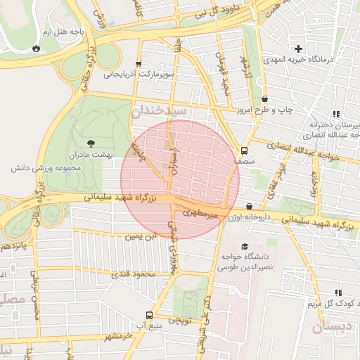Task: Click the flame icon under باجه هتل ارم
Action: pos(35,49)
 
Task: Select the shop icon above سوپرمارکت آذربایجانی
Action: pos(139,63)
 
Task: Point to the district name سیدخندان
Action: pos(160,110)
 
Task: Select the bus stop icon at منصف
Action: pos(244,150)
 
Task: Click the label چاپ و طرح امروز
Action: pos(264,110)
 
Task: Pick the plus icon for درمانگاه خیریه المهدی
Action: pos(299,49)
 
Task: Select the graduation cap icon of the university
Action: pos(244,246)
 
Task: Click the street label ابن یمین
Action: pos(139,236)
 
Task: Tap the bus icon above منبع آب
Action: pos(148,314)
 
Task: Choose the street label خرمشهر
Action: pos(116,335)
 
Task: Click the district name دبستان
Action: pos(335,327)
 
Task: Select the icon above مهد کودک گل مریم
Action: pos(338,292)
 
